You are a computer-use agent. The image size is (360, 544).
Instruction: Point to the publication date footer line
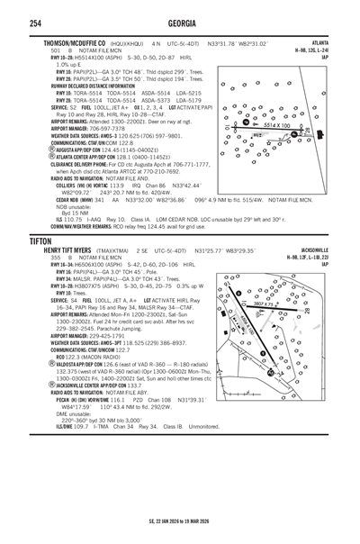[180, 521]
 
